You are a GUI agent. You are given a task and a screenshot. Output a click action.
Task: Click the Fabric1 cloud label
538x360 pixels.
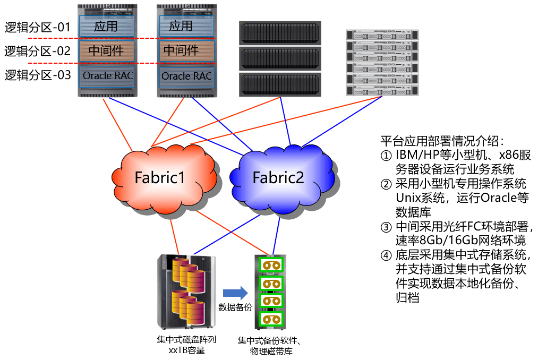160,177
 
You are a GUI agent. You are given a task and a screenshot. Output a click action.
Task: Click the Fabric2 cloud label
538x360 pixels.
278,177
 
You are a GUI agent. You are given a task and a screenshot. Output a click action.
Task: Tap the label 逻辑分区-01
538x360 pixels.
37,27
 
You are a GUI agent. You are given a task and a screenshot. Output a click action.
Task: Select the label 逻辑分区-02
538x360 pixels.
37,51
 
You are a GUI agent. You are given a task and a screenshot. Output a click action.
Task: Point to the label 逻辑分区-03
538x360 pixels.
38,75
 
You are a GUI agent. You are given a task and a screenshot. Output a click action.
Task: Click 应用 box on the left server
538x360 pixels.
106,26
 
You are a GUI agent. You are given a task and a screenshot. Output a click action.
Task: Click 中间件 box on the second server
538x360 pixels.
186,50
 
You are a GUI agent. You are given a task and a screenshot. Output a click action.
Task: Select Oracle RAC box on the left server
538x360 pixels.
107,76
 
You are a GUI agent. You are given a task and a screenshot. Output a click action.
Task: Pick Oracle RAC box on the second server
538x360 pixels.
186,76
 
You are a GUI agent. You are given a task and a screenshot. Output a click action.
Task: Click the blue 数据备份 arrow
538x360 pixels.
235,293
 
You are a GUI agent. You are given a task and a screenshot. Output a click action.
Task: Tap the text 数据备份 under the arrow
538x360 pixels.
235,307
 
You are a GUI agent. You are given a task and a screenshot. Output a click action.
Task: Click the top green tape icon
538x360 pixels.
271,265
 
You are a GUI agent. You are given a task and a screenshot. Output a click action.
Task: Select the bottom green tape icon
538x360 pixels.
271,320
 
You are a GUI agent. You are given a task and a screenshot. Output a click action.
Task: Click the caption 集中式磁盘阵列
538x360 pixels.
186,340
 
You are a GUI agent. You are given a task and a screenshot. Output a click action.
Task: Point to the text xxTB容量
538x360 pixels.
186,350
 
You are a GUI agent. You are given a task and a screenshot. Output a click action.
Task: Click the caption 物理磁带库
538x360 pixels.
271,352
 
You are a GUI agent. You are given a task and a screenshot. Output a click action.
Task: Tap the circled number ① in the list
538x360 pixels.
386,156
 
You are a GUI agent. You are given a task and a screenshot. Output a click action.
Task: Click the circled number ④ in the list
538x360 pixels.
386,255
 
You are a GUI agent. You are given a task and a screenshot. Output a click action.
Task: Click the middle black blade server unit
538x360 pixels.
280,58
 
